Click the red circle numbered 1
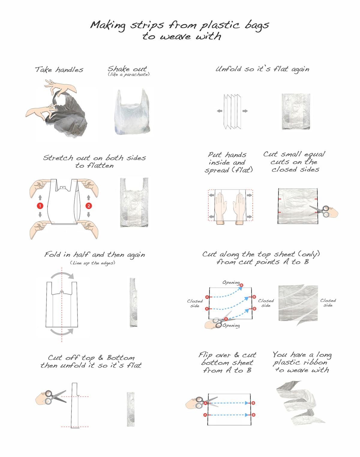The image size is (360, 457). pyautogui.click(x=40, y=206)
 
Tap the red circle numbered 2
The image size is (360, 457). pyautogui.click(x=88, y=206)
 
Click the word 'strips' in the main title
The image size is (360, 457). pyautogui.click(x=147, y=25)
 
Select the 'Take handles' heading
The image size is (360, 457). pyautogui.click(x=59, y=70)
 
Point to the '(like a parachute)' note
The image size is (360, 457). pyautogui.click(x=128, y=74)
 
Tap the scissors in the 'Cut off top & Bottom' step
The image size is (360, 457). pyautogui.click(x=55, y=396)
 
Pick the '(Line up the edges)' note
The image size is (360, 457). pyautogui.click(x=93, y=263)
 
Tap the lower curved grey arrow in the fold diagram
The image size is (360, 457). pyautogui.click(x=61, y=331)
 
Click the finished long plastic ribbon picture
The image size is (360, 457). pyautogui.click(x=300, y=402)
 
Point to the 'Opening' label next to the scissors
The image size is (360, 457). pyautogui.click(x=231, y=326)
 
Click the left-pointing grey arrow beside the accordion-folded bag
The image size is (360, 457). pyautogui.click(x=220, y=111)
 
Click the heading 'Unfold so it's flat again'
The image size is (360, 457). pyautogui.click(x=262, y=69)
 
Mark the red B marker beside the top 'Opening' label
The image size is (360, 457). pyautogui.click(x=241, y=285)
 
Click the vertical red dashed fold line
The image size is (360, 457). pyautogui.click(x=61, y=303)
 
